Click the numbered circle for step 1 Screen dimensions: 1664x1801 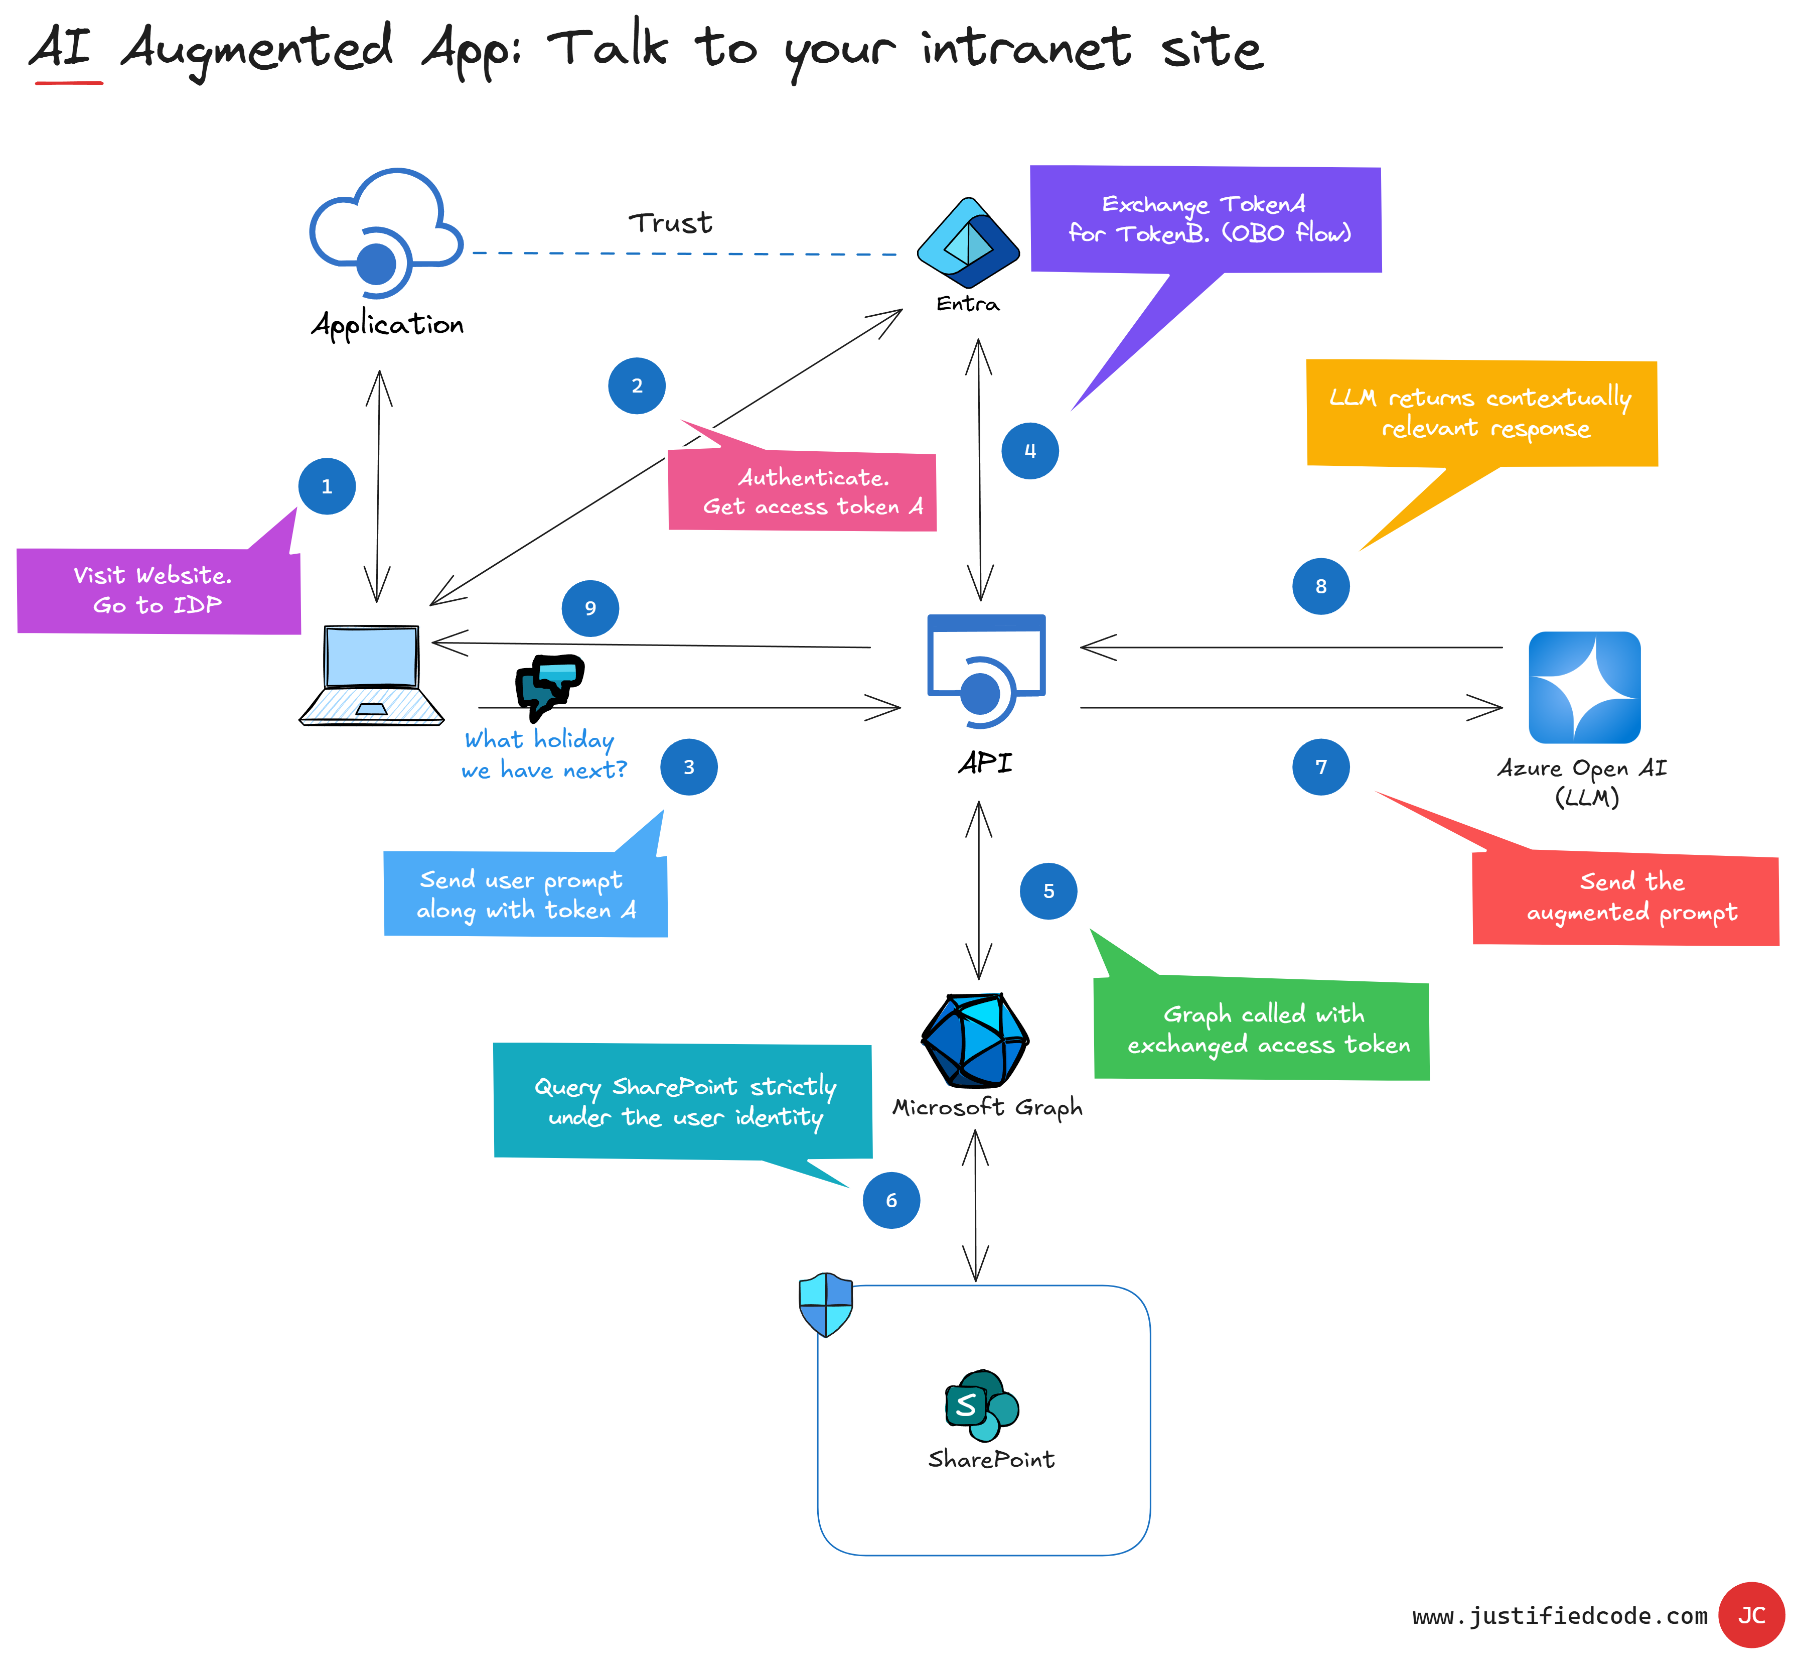click(327, 486)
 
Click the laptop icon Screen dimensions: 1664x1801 click(372, 675)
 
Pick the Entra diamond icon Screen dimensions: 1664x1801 click(968, 242)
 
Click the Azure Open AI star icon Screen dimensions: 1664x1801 click(1584, 687)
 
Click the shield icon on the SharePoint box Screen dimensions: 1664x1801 click(825, 1304)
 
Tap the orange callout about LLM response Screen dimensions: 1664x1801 click(1481, 413)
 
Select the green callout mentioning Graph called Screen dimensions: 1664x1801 click(1261, 1029)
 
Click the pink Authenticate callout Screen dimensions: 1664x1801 click(802, 491)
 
